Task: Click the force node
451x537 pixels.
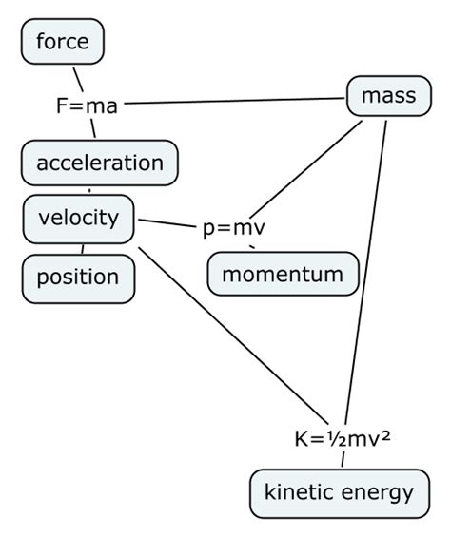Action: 62,42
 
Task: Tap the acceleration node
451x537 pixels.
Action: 99,163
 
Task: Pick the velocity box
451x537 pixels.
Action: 78,218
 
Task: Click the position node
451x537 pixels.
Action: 78,277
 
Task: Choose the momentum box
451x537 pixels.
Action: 283,275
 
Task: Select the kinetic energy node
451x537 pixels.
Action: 339,492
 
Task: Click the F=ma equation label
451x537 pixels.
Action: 87,105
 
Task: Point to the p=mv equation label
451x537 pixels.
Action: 233,228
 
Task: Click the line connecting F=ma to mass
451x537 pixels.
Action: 233,101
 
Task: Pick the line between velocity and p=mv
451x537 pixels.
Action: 168,223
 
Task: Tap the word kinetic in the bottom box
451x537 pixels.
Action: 299,492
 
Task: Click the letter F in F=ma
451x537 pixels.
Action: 61,105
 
